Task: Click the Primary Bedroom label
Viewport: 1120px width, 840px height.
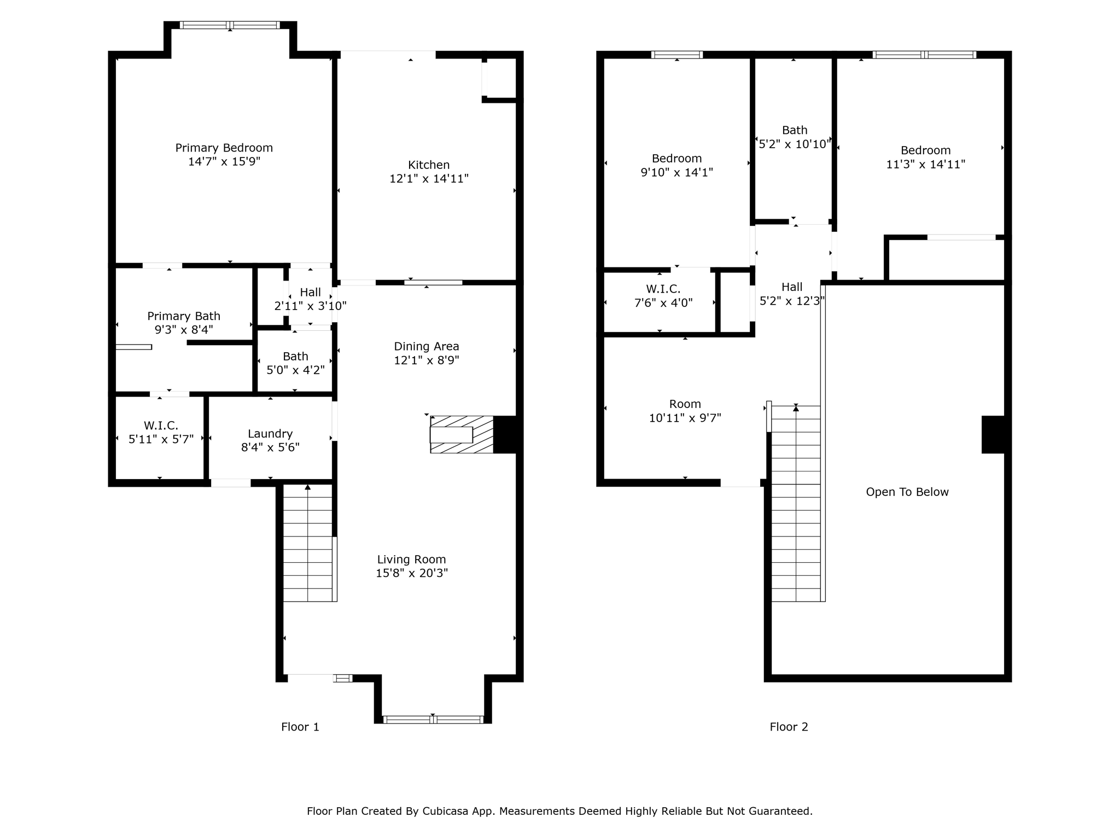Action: [x=224, y=148]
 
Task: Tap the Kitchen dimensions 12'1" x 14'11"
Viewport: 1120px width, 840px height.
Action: [x=429, y=179]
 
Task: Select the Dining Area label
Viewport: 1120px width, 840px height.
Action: [x=427, y=346]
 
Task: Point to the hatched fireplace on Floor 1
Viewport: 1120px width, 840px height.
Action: [x=461, y=435]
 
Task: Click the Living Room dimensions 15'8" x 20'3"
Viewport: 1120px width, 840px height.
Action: [x=411, y=573]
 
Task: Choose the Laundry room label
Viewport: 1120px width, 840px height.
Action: [x=270, y=434]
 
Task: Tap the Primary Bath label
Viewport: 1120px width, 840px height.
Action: [x=184, y=316]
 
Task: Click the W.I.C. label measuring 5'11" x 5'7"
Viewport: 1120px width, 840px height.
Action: [x=161, y=425]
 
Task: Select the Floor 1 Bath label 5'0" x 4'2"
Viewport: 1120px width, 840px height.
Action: [x=295, y=357]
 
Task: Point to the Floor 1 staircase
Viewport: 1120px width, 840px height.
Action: [x=308, y=544]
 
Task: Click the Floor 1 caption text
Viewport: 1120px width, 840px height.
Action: [x=300, y=727]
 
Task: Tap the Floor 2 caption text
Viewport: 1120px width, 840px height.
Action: [x=789, y=727]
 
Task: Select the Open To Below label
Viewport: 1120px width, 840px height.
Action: [x=907, y=492]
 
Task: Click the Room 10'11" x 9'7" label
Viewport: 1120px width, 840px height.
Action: [x=685, y=404]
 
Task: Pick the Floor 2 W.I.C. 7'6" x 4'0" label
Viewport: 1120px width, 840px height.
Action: [x=663, y=289]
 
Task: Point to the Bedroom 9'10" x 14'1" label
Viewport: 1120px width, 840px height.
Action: [x=676, y=159]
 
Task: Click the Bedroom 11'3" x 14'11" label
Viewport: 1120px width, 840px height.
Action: [x=925, y=150]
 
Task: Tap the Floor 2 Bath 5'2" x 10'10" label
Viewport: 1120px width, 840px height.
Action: [x=794, y=130]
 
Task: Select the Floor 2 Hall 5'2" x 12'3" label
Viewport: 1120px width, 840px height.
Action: [x=791, y=287]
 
